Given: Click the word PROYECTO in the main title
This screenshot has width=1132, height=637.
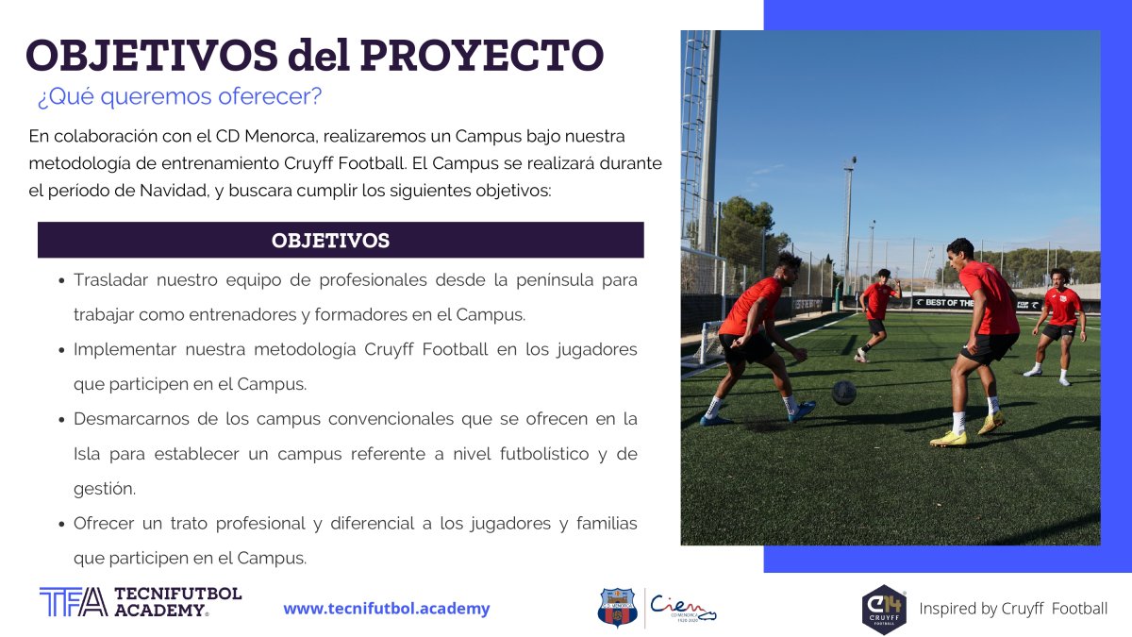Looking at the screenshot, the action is tap(482, 55).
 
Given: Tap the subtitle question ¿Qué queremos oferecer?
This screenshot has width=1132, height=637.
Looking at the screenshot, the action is tap(179, 96).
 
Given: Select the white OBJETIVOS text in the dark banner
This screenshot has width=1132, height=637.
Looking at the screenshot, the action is tap(330, 241).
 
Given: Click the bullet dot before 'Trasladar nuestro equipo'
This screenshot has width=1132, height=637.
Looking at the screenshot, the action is tap(61, 280).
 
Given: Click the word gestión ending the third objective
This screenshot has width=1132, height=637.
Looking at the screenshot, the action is tap(105, 489).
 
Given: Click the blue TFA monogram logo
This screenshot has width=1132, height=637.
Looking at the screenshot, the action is tap(74, 602).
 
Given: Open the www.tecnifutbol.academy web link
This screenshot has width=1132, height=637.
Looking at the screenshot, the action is tap(387, 608).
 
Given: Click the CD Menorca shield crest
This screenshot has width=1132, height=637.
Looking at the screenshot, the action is tap(617, 607).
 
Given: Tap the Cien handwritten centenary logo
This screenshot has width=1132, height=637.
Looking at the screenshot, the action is tap(683, 608).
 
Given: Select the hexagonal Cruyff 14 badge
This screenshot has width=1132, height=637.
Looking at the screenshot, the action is tap(884, 610).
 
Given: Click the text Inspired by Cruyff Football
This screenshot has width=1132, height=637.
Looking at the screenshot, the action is tap(1013, 608).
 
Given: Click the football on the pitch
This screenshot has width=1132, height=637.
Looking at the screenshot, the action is tap(844, 393).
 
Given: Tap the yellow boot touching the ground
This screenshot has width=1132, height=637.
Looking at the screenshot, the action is tap(949, 439).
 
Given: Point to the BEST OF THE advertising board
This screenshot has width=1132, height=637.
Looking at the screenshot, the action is tap(943, 303).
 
